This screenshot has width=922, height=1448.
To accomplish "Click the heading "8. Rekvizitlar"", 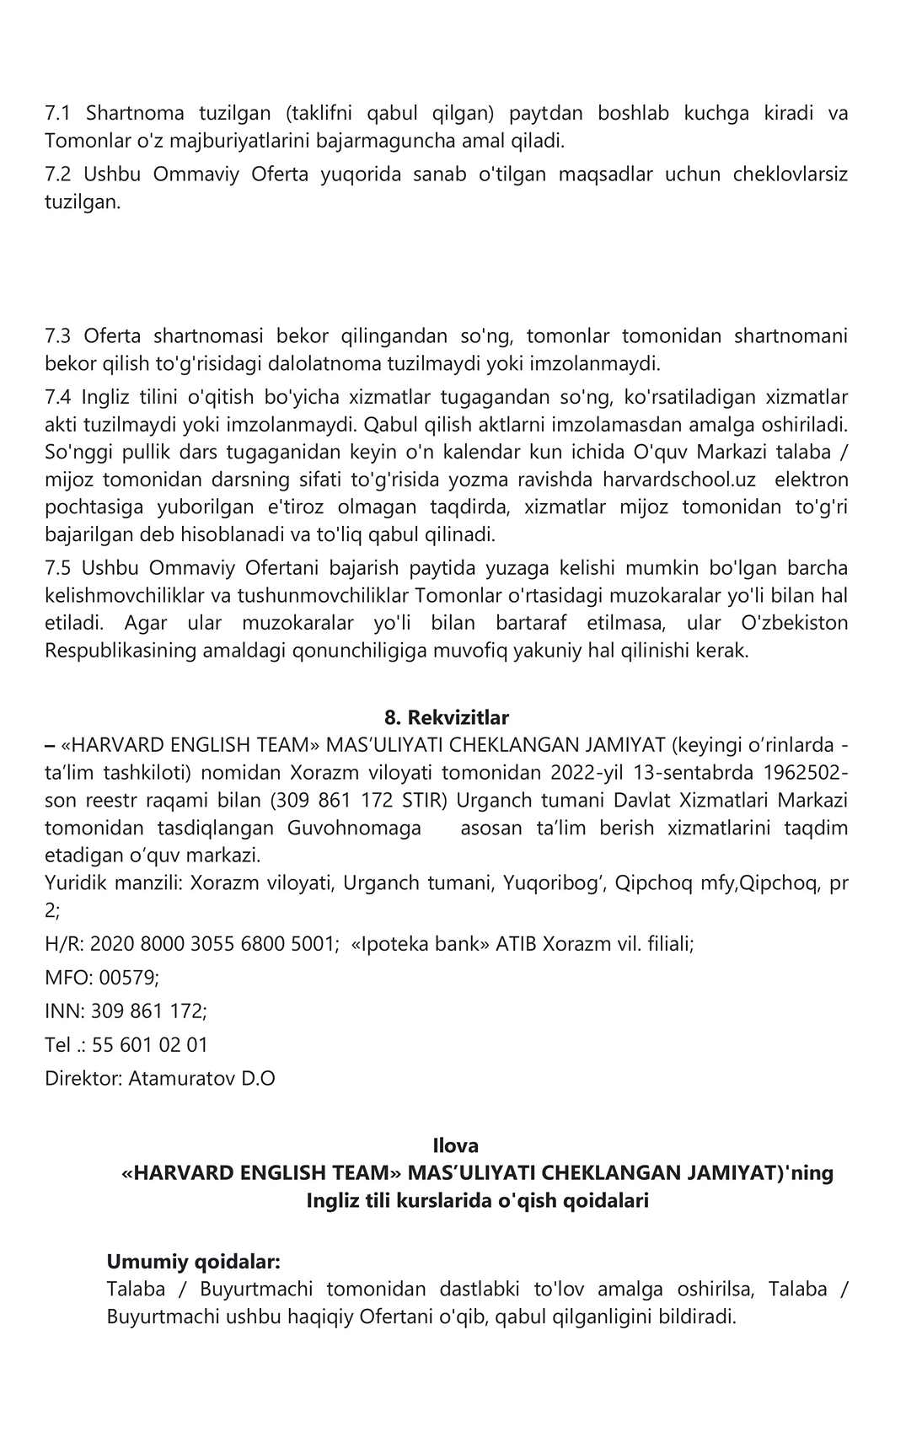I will (446, 717).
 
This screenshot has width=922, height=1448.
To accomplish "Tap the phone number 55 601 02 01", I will (150, 1045).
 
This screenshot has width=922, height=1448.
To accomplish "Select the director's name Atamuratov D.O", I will (201, 1078).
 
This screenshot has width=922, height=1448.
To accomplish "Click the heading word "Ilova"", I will (455, 1145).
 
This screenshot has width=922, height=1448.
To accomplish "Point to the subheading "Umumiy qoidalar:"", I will (193, 1262).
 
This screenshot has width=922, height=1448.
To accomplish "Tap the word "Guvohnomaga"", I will (354, 828).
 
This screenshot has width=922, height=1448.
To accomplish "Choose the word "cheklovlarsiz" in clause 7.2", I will (790, 174).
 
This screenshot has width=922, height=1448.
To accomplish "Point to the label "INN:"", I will (65, 1011).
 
